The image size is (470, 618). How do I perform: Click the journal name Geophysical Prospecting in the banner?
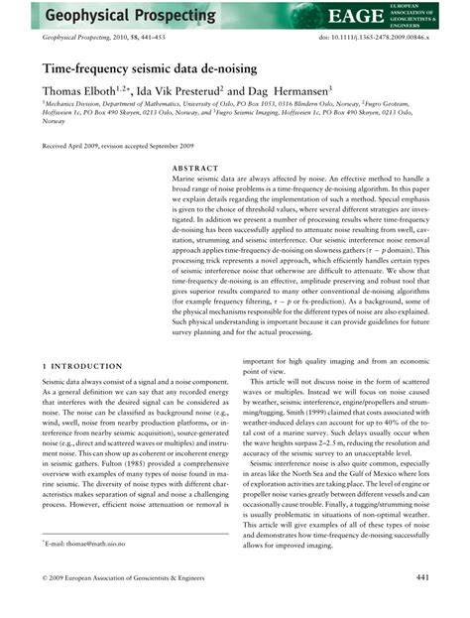[109, 17]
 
